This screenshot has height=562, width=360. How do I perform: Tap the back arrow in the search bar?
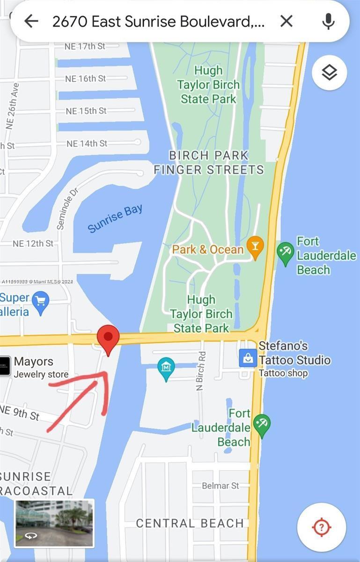[31, 21]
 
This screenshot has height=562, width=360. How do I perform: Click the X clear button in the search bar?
[286, 21]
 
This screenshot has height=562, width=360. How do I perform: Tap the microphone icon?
[329, 21]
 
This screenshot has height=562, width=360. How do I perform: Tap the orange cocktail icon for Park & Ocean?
[255, 248]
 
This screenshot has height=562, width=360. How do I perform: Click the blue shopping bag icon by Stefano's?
[248, 359]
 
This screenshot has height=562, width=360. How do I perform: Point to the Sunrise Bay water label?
[115, 218]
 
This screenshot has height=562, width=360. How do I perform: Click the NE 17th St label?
[85, 46]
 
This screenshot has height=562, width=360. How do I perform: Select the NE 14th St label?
[87, 143]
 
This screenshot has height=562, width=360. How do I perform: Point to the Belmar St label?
[220, 486]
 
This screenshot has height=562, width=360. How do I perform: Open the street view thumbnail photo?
[54, 523]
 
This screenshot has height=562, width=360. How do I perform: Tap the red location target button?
[322, 527]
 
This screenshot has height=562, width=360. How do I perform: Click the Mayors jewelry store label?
[34, 362]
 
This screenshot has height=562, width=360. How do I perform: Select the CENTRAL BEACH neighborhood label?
[190, 523]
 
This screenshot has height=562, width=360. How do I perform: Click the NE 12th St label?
[33, 244]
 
